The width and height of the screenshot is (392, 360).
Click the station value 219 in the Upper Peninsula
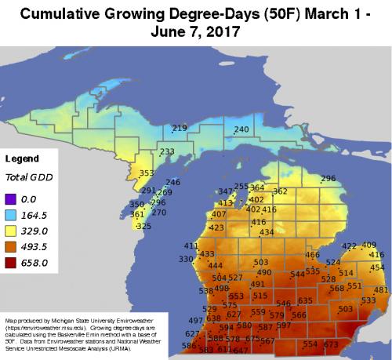point(180,128)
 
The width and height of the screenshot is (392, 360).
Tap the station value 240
point(241,129)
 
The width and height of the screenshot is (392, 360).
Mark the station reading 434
point(267,232)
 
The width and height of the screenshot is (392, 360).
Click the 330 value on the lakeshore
point(186,259)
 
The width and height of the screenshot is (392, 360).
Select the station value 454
point(378,267)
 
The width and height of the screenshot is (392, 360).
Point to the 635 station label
point(305,300)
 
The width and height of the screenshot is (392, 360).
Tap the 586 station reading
point(189,345)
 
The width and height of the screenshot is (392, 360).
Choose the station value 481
point(381,290)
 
